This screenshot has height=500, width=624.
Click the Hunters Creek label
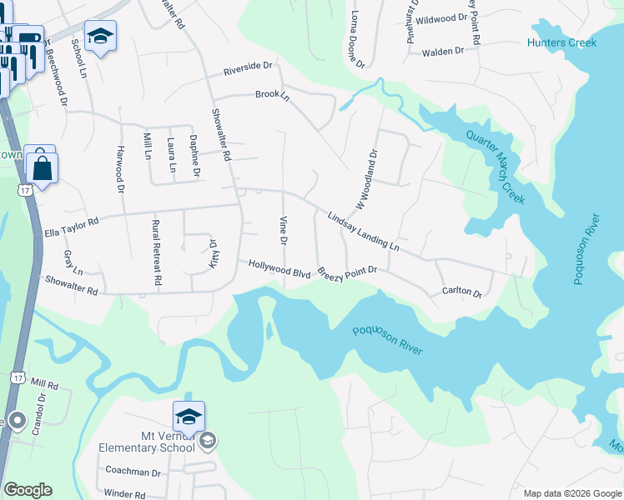(x=562, y=42)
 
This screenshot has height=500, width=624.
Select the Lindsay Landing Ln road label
(x=364, y=230)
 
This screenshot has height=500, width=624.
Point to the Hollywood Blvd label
(x=279, y=268)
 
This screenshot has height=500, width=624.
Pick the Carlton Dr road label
(x=462, y=292)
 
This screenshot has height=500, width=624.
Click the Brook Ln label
(x=272, y=96)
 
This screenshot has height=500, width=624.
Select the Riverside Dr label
(x=247, y=67)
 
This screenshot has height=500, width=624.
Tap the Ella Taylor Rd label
(x=71, y=222)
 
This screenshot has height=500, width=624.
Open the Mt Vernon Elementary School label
(x=146, y=441)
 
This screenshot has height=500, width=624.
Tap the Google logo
(x=28, y=490)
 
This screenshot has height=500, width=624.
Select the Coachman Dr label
(x=133, y=472)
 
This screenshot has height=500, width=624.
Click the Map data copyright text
(x=571, y=493)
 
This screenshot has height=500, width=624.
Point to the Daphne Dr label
(x=194, y=156)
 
